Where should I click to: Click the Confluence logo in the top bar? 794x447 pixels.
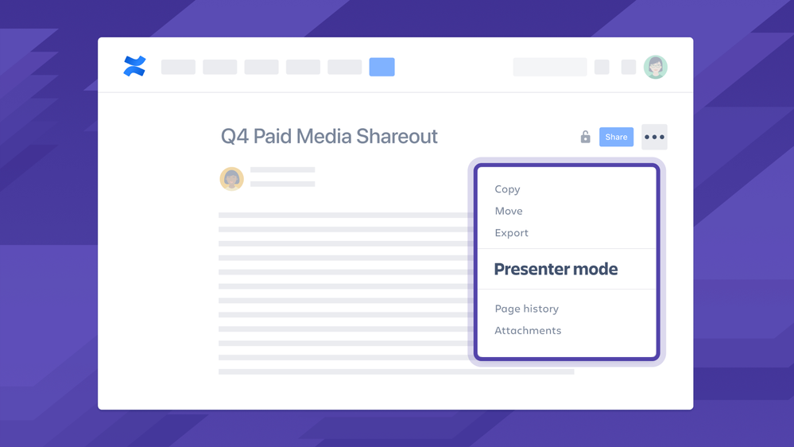click(x=134, y=66)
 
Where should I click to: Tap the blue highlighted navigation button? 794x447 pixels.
click(x=382, y=67)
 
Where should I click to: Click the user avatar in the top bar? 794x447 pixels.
click(x=655, y=67)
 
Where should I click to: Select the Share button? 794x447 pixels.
click(x=616, y=137)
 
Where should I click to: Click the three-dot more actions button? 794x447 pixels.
click(x=654, y=137)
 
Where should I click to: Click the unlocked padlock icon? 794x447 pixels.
click(x=585, y=137)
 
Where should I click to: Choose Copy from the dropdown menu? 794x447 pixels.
click(x=507, y=189)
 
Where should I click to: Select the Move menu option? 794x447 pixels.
click(x=509, y=211)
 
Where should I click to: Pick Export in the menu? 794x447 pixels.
click(x=511, y=233)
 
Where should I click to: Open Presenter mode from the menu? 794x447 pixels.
click(x=556, y=269)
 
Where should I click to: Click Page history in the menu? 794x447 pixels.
click(x=526, y=309)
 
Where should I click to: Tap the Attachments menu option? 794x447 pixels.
click(x=528, y=330)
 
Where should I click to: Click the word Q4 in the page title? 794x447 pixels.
click(x=234, y=137)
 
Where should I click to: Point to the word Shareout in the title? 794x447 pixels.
click(x=397, y=137)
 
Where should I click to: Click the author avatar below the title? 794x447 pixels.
click(x=231, y=178)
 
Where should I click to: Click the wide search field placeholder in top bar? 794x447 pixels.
click(x=549, y=67)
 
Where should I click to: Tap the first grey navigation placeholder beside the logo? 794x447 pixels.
click(x=178, y=67)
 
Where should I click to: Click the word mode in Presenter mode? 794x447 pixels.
click(x=591, y=269)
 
